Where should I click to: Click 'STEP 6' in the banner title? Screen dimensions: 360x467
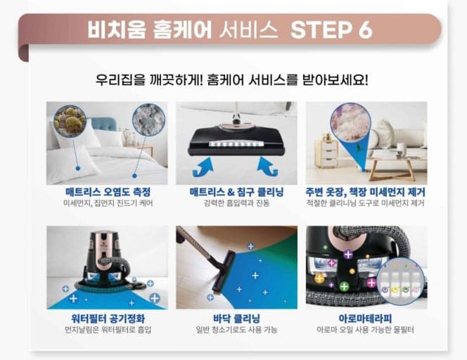(331, 30)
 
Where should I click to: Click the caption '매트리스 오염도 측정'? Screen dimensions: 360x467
(107, 192)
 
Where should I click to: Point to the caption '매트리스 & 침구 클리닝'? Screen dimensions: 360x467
(236, 192)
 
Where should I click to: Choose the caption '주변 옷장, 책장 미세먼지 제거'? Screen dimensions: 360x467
(366, 192)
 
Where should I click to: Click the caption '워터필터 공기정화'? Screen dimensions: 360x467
(107, 317)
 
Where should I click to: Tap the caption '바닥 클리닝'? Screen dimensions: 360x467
(236, 317)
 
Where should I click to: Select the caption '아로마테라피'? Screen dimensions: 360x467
(366, 317)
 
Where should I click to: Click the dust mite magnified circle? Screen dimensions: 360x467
(70, 121)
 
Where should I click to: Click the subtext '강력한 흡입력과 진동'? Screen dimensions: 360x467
(236, 204)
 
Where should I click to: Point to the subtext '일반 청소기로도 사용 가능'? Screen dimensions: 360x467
(236, 329)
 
